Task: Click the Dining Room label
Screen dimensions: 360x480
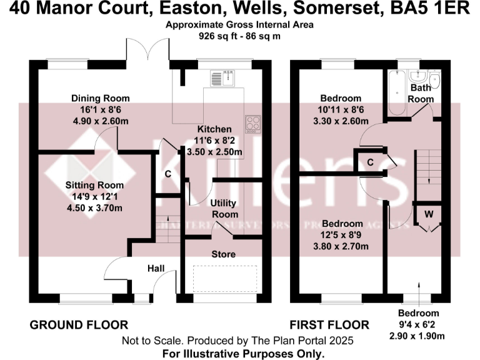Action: point(100,98)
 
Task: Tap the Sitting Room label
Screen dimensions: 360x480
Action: point(94,186)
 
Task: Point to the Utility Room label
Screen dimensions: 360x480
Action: point(224,209)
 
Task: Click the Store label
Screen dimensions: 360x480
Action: point(223,254)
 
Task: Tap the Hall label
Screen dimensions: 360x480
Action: point(156,268)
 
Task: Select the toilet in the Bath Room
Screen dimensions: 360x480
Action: point(434,82)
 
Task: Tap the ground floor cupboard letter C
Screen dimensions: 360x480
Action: point(167,174)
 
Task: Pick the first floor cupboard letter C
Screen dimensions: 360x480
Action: point(370,162)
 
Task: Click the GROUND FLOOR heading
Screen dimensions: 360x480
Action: point(79,325)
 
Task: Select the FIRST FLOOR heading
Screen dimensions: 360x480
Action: point(329,325)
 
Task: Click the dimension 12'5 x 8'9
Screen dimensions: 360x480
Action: point(341,235)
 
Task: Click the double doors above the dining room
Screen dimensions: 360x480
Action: point(147,49)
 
